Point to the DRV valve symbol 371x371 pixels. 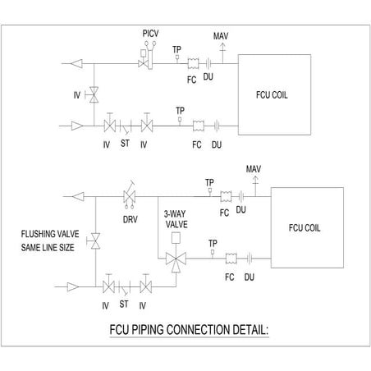pos(127,197)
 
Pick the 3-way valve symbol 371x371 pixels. pos(174,258)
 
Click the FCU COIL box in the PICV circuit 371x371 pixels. pos(273,93)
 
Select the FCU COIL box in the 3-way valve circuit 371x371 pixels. pos(305,226)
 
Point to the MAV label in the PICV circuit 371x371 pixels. pos(220,37)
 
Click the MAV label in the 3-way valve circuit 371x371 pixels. pos(254,168)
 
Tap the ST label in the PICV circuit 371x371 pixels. pos(125,144)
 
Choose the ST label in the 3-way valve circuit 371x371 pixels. pos(125,305)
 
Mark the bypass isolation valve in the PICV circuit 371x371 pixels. pos(94,95)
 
